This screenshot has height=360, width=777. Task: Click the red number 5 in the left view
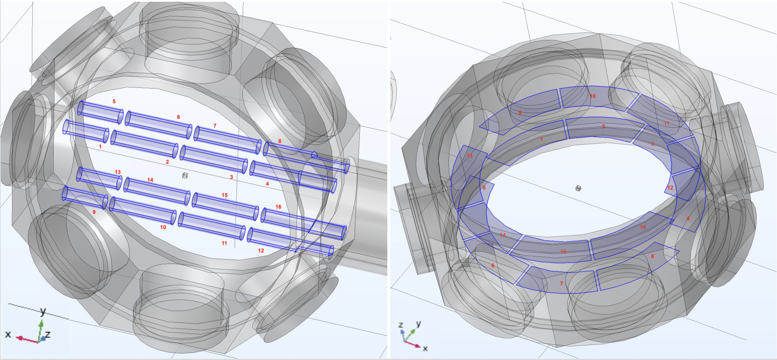tap(114, 101)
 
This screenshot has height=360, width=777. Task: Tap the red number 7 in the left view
tap(215, 126)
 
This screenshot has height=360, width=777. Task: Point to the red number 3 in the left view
tap(231, 177)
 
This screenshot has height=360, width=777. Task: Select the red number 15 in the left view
tap(224, 195)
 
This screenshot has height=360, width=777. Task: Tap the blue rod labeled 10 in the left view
tap(143, 211)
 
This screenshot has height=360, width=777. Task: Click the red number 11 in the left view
tap(224, 243)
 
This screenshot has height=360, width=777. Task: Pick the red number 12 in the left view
tap(261, 251)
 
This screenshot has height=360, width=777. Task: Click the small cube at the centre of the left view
tap(185, 175)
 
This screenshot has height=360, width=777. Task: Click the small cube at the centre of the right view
tap(578, 188)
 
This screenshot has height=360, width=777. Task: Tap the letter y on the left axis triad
tap(43, 311)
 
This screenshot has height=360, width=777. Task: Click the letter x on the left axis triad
tap(8, 334)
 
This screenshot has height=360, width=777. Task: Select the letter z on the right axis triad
tap(401, 325)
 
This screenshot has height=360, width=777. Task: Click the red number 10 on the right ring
tap(592, 96)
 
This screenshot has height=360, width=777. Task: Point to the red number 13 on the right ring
tap(469, 156)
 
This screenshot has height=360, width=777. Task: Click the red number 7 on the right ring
tap(561, 284)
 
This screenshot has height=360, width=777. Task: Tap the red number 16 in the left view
tap(278, 207)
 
